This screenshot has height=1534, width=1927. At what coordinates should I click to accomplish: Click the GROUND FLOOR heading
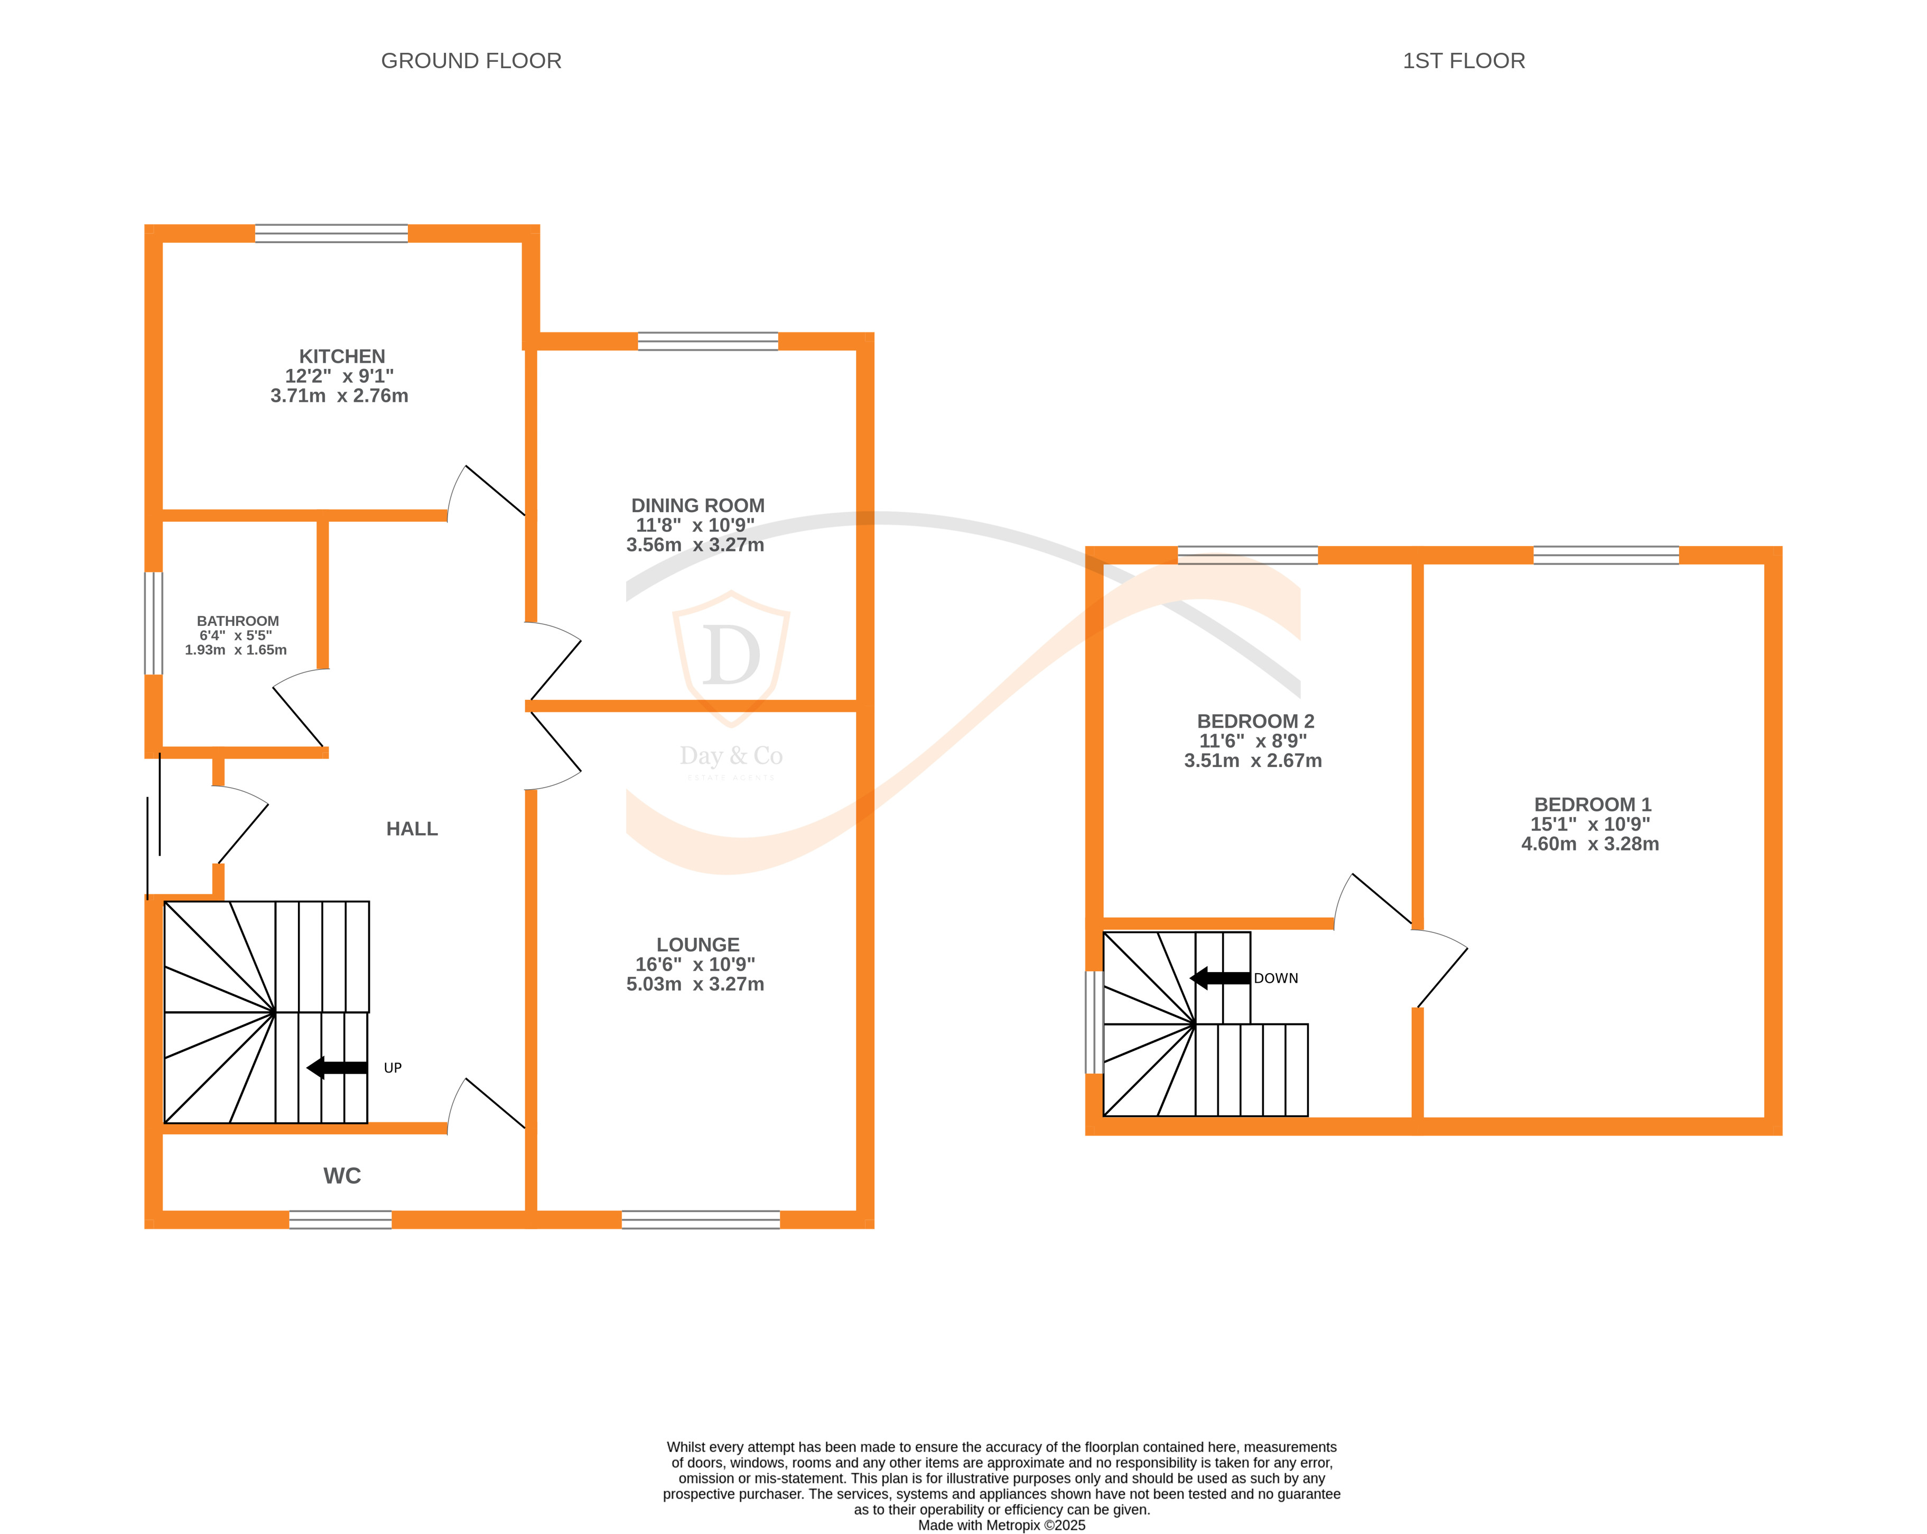(x=471, y=61)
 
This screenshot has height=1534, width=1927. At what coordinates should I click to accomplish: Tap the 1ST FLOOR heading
(x=1463, y=61)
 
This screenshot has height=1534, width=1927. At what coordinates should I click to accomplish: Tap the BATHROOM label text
(x=238, y=621)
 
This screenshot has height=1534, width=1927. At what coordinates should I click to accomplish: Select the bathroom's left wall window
(x=154, y=623)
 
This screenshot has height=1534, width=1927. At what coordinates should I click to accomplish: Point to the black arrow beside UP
(x=337, y=1067)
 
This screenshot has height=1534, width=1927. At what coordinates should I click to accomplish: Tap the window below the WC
(x=340, y=1219)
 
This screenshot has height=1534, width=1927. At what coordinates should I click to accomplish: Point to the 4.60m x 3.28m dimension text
(x=1589, y=844)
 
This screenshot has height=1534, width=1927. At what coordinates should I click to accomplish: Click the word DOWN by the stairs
(x=1276, y=978)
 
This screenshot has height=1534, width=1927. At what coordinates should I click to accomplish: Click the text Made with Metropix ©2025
(x=1001, y=1525)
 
